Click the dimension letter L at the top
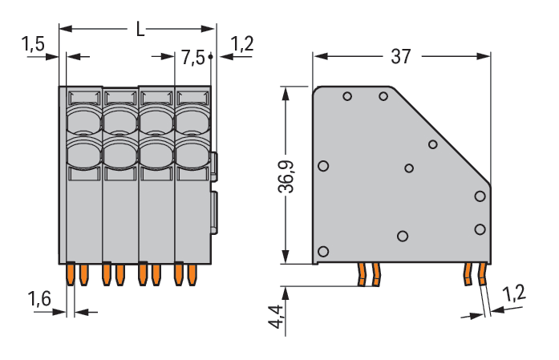pyautogui.click(x=140, y=30)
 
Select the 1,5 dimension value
pyautogui.click(x=34, y=44)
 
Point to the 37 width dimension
pyautogui.click(x=401, y=56)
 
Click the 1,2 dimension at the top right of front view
pyautogui.click(x=241, y=44)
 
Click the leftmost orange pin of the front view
pyautogui.click(x=71, y=274)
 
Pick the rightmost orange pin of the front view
pyautogui.click(x=192, y=274)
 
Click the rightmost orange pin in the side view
pyautogui.click(x=482, y=275)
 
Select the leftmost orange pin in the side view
pyautogui.click(x=363, y=274)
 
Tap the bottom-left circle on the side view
pyautogui.click(x=323, y=251)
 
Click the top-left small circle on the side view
pyautogui.click(x=347, y=97)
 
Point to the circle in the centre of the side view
pyautogui.click(x=409, y=168)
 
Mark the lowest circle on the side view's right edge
pyautogui.click(x=480, y=229)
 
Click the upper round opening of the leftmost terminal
pyautogui.click(x=83, y=121)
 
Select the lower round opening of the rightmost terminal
pyautogui.click(x=193, y=152)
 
